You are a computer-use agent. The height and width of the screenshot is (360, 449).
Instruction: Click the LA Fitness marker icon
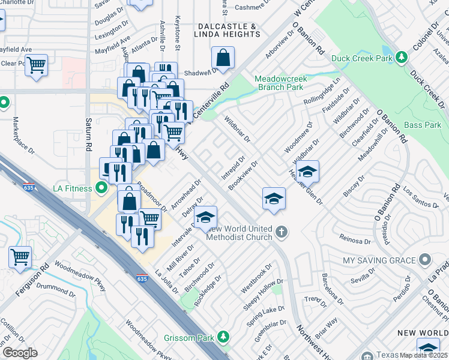point(101,188)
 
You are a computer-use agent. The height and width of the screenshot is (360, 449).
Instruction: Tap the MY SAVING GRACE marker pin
point(425,260)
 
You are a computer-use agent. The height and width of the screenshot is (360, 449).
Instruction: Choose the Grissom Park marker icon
point(223,338)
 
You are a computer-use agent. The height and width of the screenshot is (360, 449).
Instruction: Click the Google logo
point(20,353)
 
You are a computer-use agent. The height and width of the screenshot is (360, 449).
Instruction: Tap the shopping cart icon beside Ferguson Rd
point(20,257)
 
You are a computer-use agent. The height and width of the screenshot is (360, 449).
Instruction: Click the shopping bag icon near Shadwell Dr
point(223,58)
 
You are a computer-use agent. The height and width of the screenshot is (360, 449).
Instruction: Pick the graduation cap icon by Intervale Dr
point(205,217)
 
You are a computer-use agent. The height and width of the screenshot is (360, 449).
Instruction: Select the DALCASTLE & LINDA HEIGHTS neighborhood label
point(227,31)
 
